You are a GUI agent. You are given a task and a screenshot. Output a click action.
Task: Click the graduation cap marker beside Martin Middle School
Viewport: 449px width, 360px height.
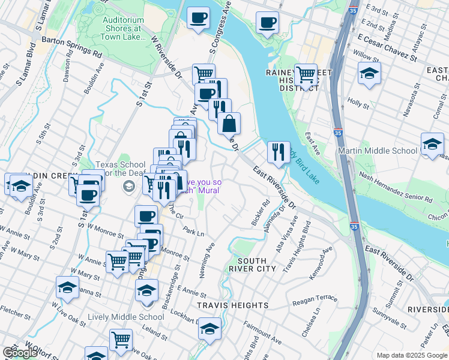pos(432,144)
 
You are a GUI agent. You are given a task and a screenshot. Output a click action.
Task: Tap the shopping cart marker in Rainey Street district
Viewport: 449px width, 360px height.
pos(306,75)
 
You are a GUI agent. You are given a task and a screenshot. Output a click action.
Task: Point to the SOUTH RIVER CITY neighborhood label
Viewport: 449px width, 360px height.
pos(256,265)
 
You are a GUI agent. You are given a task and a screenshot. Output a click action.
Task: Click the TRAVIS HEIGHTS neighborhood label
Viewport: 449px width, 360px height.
pos(233,305)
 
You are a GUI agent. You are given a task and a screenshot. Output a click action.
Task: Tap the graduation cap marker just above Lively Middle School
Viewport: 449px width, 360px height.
pos(146,291)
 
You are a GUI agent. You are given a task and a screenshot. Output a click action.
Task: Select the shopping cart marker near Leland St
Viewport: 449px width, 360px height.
pos(121,340)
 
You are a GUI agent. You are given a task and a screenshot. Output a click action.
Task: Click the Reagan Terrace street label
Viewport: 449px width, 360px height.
pos(315,298)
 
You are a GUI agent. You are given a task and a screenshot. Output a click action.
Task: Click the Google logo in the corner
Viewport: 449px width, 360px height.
pos(19,353)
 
